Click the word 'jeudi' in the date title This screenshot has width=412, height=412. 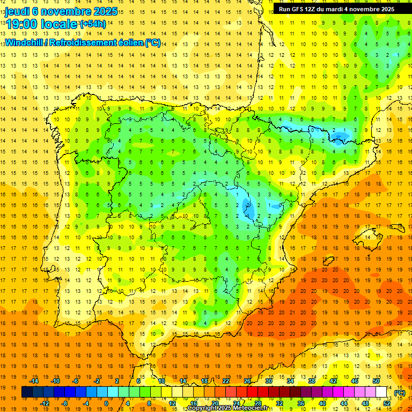pos(17,11)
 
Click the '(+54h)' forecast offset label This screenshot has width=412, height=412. pos(93,24)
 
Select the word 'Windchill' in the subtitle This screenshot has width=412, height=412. pos(24,43)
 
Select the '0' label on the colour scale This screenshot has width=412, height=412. pos(106,403)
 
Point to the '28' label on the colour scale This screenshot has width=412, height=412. pos(257,403)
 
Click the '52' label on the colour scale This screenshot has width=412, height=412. pos(387,403)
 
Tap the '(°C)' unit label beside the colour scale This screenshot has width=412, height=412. pos(399,393)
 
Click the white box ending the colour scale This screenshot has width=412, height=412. pos(381,392)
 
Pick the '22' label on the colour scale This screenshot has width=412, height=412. pos(226,381)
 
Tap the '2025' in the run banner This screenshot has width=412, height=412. pos(385,9)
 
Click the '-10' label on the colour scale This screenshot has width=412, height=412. pos(55,381)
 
